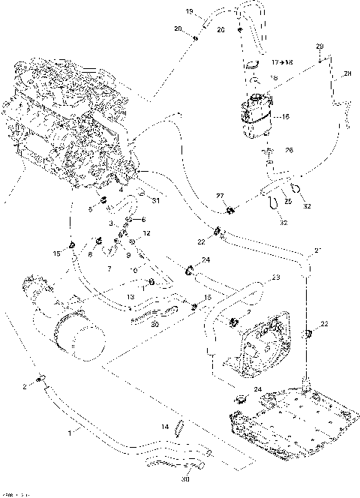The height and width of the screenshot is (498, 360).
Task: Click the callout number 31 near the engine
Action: click(x=156, y=200)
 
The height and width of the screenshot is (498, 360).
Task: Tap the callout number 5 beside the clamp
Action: click(x=91, y=209)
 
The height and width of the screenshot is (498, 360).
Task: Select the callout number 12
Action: click(x=147, y=234)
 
